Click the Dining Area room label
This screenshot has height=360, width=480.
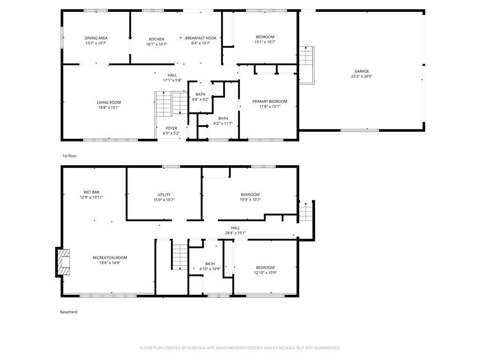click(x=96, y=38)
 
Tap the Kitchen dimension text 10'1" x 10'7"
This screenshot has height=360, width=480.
click(x=157, y=44)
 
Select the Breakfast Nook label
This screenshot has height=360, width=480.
click(x=201, y=38)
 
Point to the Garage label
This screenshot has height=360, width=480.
click(x=361, y=71)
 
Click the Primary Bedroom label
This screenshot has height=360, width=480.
click(x=270, y=101)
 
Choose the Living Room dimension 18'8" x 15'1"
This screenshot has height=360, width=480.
click(x=109, y=107)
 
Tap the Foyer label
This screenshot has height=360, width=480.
click(x=172, y=128)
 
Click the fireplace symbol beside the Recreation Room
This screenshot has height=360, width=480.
click(x=63, y=262)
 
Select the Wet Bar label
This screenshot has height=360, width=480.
click(x=91, y=192)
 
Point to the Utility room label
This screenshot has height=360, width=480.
click(x=164, y=195)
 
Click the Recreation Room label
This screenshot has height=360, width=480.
click(x=110, y=258)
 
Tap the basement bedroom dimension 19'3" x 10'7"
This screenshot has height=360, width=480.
click(x=250, y=200)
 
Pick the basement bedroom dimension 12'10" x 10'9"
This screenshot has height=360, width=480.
click(x=265, y=272)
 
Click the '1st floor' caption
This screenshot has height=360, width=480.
click(x=69, y=156)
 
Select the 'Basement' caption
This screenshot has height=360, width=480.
click(x=68, y=312)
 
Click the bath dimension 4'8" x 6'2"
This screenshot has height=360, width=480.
click(x=201, y=99)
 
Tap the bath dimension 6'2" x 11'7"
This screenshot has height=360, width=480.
click(x=223, y=123)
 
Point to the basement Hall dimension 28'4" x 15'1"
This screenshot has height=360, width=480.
click(x=235, y=232)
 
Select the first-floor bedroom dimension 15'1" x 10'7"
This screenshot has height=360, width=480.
click(x=265, y=42)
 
